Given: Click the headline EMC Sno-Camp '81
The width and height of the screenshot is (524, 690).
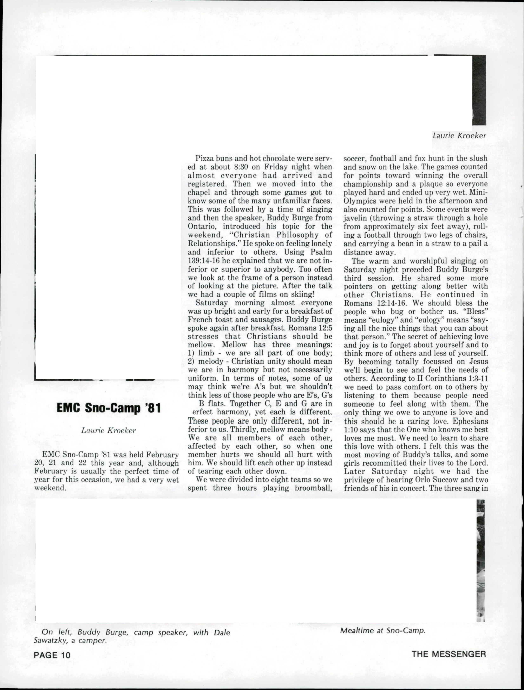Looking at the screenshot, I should tap(109, 408).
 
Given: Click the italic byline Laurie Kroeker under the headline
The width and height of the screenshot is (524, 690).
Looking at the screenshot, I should tap(109, 431).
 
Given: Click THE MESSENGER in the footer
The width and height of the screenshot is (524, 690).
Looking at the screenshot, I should tap(448, 654).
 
